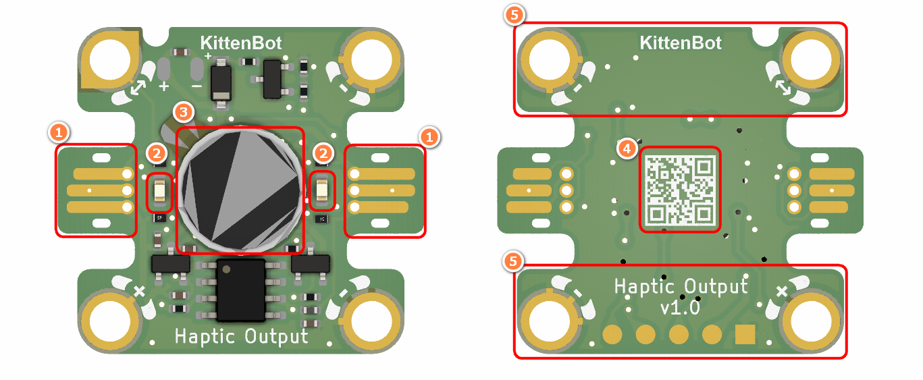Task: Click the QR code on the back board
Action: point(680,190)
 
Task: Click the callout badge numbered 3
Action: point(183,111)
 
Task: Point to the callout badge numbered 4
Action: point(628,148)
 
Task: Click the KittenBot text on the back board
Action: point(680,44)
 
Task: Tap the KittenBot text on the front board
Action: point(241,44)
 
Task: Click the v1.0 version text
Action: point(680,308)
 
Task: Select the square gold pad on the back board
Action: point(745,333)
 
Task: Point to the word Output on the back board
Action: point(716,286)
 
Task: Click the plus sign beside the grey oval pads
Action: point(163,86)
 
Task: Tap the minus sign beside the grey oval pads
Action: point(196,86)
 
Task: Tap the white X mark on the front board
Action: point(140,292)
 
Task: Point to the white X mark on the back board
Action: point(782,292)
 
